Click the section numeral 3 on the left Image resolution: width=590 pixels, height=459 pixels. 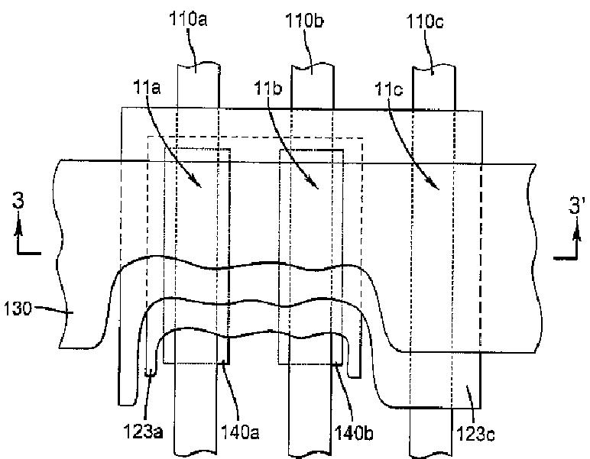coord(21,202)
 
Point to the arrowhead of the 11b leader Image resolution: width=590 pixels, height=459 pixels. coord(317,186)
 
